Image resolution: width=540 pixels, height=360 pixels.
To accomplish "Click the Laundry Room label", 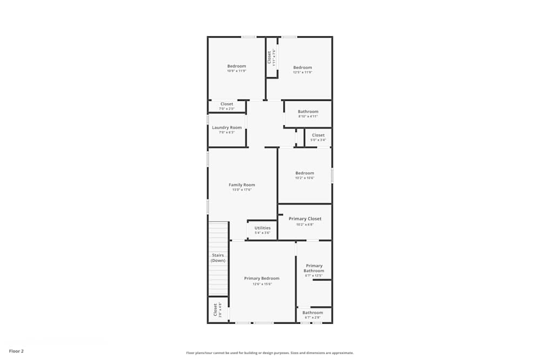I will click(x=227, y=127).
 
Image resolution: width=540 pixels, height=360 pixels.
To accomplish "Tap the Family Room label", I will click(x=242, y=185).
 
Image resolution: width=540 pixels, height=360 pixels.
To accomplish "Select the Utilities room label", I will click(x=262, y=228).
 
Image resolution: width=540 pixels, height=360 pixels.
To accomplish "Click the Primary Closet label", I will click(x=305, y=219).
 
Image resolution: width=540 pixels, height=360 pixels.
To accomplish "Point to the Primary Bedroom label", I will click(x=262, y=279).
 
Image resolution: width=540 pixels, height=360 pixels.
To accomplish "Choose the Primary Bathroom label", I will click(x=314, y=268).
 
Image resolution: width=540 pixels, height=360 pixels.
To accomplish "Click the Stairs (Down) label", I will click(x=218, y=258).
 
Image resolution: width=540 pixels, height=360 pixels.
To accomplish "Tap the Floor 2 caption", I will click(x=16, y=351).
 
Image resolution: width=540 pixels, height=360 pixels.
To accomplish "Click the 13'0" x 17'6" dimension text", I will click(x=242, y=189).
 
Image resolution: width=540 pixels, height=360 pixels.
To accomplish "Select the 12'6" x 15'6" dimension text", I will click(x=262, y=284).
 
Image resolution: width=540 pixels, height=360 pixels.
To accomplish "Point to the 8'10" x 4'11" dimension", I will click(x=308, y=116).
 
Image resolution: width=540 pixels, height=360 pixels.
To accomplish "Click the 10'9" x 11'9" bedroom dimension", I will click(x=237, y=71).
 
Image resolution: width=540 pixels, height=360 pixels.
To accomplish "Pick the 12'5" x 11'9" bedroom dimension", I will click(x=303, y=72).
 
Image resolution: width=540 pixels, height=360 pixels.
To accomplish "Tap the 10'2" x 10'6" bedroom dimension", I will click(x=305, y=178).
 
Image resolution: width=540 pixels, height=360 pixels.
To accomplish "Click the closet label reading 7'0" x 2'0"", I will click(x=227, y=109).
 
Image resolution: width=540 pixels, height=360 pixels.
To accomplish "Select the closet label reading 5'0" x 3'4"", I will click(x=319, y=140).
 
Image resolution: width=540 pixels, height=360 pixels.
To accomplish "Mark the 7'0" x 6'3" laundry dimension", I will click(x=227, y=132).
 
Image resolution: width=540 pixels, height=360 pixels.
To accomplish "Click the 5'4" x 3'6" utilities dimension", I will click(x=262, y=233).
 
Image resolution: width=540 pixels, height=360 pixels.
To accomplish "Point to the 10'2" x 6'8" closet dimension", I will click(x=305, y=225).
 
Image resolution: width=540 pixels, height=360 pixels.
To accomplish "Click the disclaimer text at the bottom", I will click(x=270, y=353).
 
